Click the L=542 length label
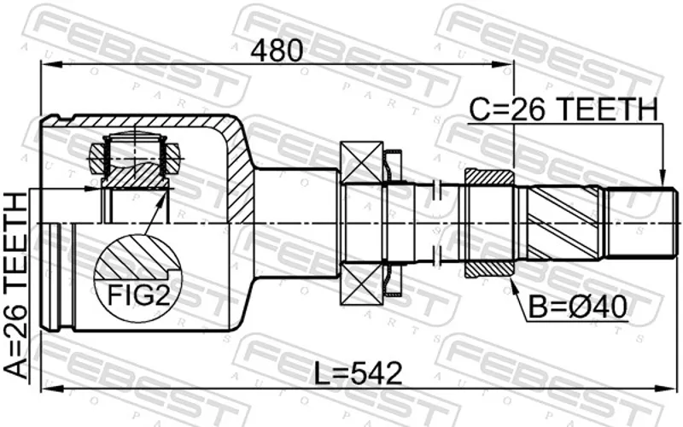(x=358, y=374)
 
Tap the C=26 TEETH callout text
(x=563, y=109)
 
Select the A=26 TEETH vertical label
(x=15, y=286)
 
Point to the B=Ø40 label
(x=578, y=307)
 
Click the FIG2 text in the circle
(x=138, y=295)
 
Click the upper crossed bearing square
(x=361, y=163)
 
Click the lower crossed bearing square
(x=361, y=283)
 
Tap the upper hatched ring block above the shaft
(x=489, y=177)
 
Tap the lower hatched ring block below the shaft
(x=489, y=270)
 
